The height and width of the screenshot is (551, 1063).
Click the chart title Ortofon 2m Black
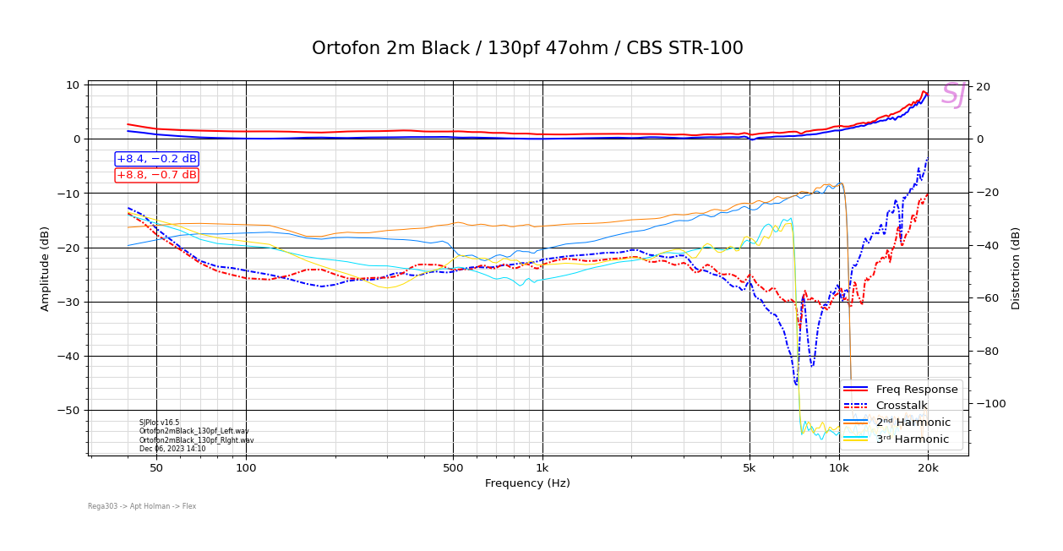(x=527, y=48)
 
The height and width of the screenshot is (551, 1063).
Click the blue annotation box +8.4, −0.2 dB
(x=156, y=159)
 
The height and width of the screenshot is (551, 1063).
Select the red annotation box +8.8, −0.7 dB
(x=156, y=175)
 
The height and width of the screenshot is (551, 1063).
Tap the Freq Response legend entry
(x=917, y=390)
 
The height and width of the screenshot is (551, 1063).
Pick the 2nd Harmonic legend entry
(x=913, y=423)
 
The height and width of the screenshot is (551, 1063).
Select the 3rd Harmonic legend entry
(x=913, y=439)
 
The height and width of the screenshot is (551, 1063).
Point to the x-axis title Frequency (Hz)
(x=527, y=483)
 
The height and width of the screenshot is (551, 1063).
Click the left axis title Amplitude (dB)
(x=45, y=268)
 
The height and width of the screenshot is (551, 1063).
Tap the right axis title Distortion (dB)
(x=1016, y=268)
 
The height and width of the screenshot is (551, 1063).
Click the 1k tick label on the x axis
(x=542, y=468)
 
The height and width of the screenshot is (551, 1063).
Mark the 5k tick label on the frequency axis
(x=750, y=468)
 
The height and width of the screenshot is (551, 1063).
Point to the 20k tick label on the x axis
(x=928, y=468)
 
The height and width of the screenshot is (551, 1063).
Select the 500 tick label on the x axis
(x=453, y=468)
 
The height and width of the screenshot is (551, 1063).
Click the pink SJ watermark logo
(x=953, y=95)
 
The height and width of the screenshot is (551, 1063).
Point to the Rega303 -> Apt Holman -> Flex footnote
(x=142, y=506)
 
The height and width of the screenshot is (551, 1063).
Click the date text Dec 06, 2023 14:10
(x=172, y=449)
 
